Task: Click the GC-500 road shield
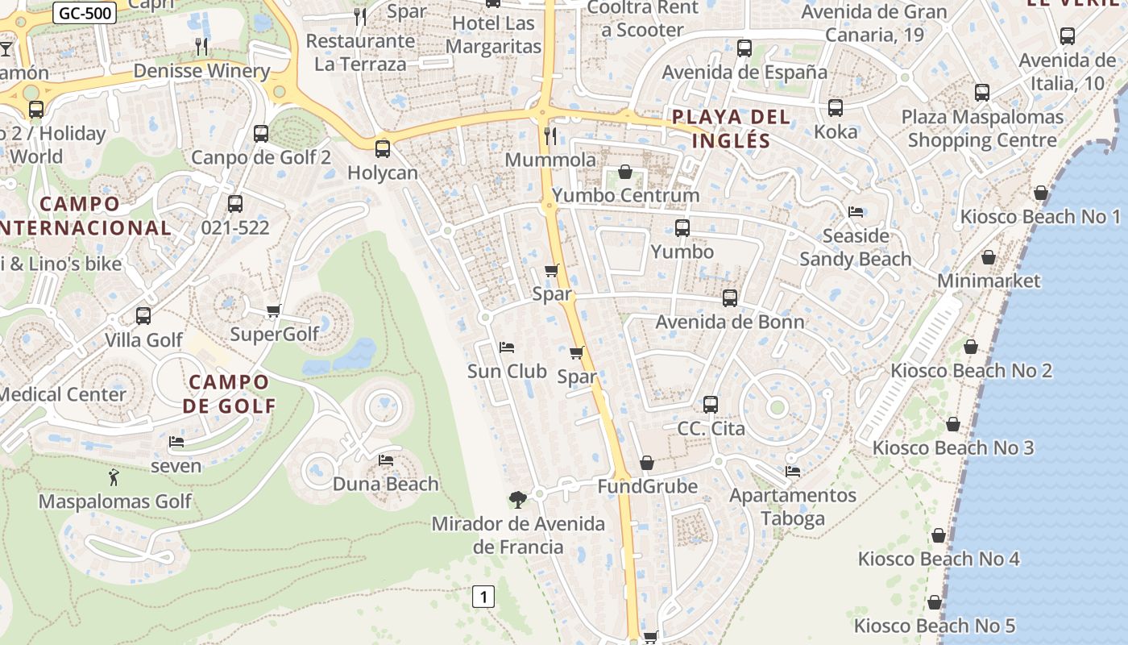85,13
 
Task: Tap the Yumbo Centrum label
626,195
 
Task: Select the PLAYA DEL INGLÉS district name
731,129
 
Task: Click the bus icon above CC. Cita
710,404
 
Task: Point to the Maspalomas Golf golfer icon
114,477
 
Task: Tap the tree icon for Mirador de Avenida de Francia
518,500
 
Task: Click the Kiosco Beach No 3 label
953,447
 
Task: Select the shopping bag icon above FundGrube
646,463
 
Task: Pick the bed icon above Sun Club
507,347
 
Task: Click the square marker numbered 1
483,597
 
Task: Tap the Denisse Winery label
201,71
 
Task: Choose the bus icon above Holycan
383,148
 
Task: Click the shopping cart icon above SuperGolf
273,310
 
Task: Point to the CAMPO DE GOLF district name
229,393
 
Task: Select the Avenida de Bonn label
729,322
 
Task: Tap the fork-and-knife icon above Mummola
550,135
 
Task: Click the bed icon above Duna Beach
386,460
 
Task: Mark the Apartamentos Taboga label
793,506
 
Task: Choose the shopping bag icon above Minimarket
988,257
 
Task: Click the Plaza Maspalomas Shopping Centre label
982,128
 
